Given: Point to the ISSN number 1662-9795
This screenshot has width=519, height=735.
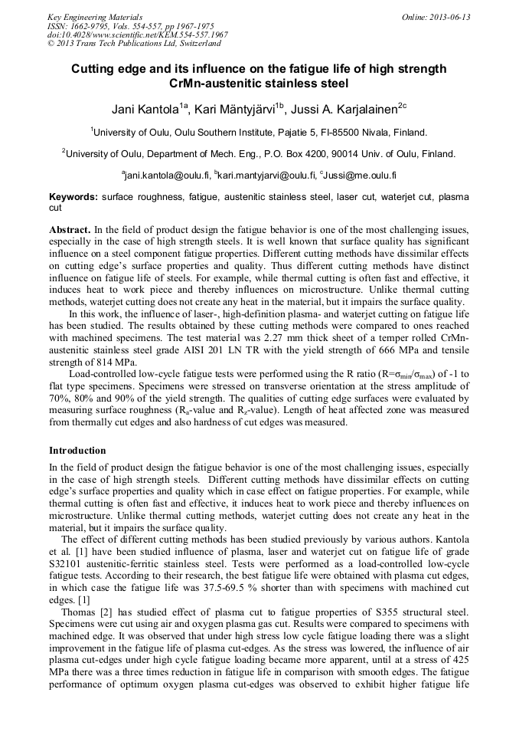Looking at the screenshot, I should click(x=89, y=26).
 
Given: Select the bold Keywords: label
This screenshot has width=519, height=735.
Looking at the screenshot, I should click(x=73, y=197).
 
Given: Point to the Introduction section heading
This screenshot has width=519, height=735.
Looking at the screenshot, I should click(x=77, y=450).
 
